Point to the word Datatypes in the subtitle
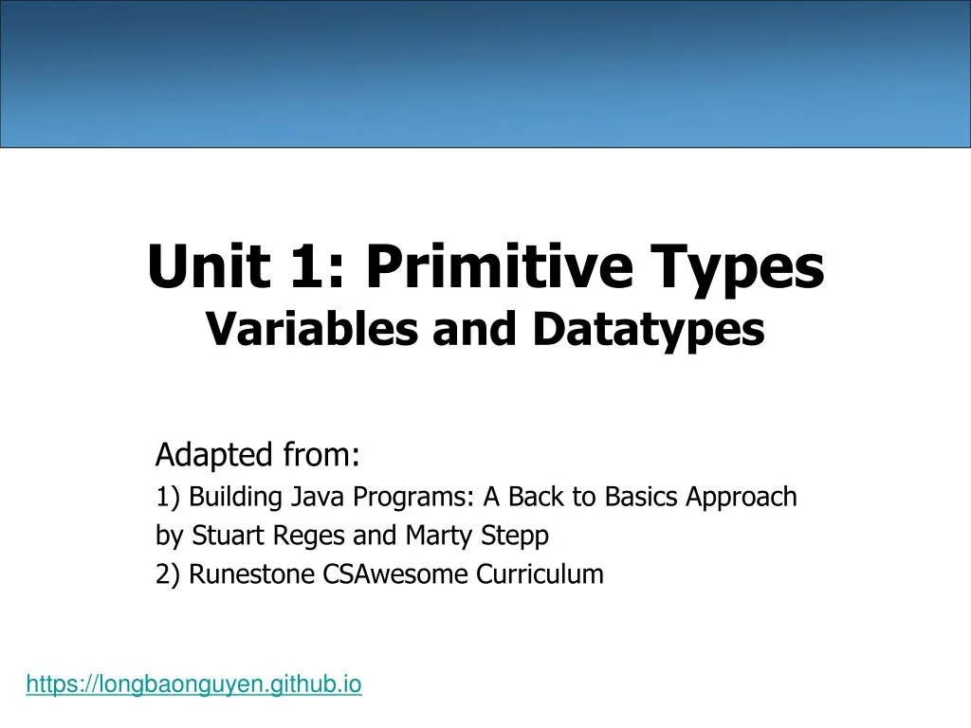[x=648, y=330]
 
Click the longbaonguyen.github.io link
[x=193, y=683]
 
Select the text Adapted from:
[x=257, y=456]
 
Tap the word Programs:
[x=413, y=498]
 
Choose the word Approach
[x=742, y=498]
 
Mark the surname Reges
[x=310, y=537]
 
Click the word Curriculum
[x=540, y=574]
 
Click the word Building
[x=229, y=498]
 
